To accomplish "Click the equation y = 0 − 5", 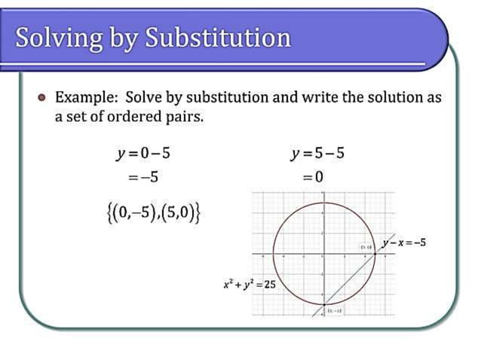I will click(143, 154).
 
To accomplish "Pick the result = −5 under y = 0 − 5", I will click(142, 178).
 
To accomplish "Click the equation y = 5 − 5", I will click(317, 154).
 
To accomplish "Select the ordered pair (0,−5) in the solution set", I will click(127, 212).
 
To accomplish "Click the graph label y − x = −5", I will click(403, 243).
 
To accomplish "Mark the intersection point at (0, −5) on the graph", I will click(323, 304).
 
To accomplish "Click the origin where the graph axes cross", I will click(323, 254).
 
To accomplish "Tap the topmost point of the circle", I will click(323, 203).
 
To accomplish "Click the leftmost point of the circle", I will click(273, 254).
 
